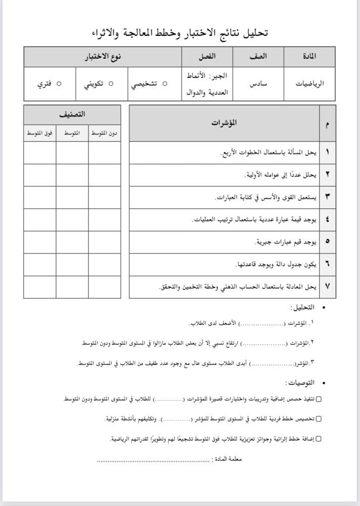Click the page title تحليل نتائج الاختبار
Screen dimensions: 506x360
coord(179,33)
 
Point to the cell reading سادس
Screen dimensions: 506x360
coord(258,84)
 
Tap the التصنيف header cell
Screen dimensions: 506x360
coord(72,114)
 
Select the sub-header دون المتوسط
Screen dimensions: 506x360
coord(105,133)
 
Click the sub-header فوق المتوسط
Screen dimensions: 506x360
coord(40,133)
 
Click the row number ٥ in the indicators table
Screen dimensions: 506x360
coord(327,242)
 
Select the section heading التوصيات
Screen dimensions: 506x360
coord(298,383)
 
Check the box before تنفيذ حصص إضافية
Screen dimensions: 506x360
coord(319,400)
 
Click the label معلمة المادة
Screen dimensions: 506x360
coord(228,459)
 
